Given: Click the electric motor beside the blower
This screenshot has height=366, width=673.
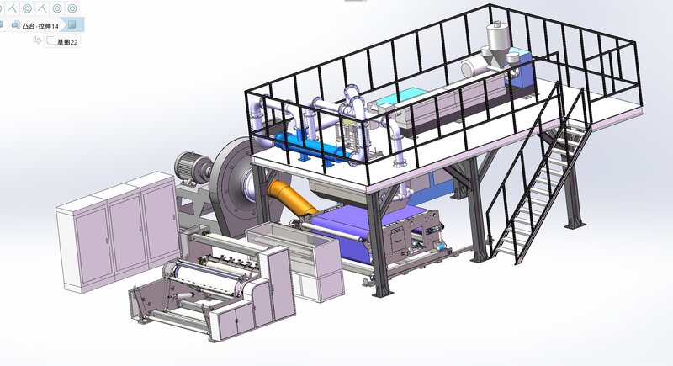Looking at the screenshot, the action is tap(193, 168).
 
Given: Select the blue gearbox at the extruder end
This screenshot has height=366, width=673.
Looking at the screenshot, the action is tap(520, 71).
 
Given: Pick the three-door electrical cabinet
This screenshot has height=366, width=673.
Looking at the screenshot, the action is tap(118, 231).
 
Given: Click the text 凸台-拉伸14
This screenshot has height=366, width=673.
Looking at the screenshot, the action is tap(40, 26).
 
